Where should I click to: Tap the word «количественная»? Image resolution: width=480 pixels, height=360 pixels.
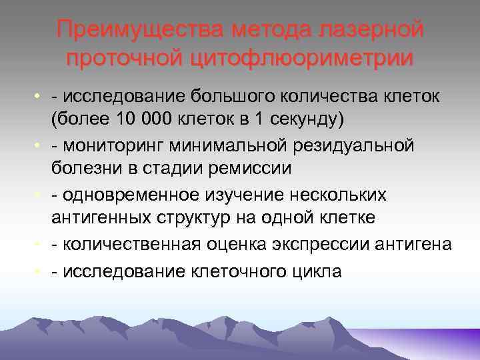click(132, 244)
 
